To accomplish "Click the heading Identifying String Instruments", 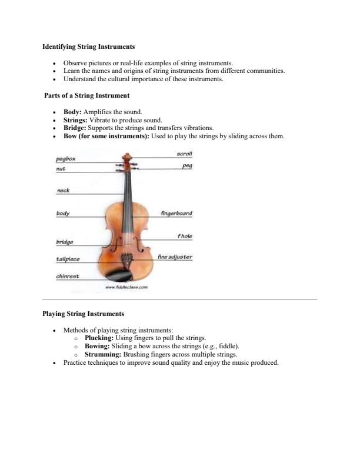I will [x=89, y=46].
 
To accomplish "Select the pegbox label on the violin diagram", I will [x=65, y=159].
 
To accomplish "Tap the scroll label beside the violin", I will [x=185, y=154].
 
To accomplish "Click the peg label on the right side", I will [x=188, y=166].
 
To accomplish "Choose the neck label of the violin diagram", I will [x=62, y=191].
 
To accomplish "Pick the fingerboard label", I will [x=176, y=213].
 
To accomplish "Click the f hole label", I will [x=185, y=237].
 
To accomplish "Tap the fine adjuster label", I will [x=175, y=257].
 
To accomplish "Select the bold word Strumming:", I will [x=105, y=355].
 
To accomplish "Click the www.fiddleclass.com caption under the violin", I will [x=126, y=287].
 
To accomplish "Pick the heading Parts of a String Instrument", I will [x=87, y=95].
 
